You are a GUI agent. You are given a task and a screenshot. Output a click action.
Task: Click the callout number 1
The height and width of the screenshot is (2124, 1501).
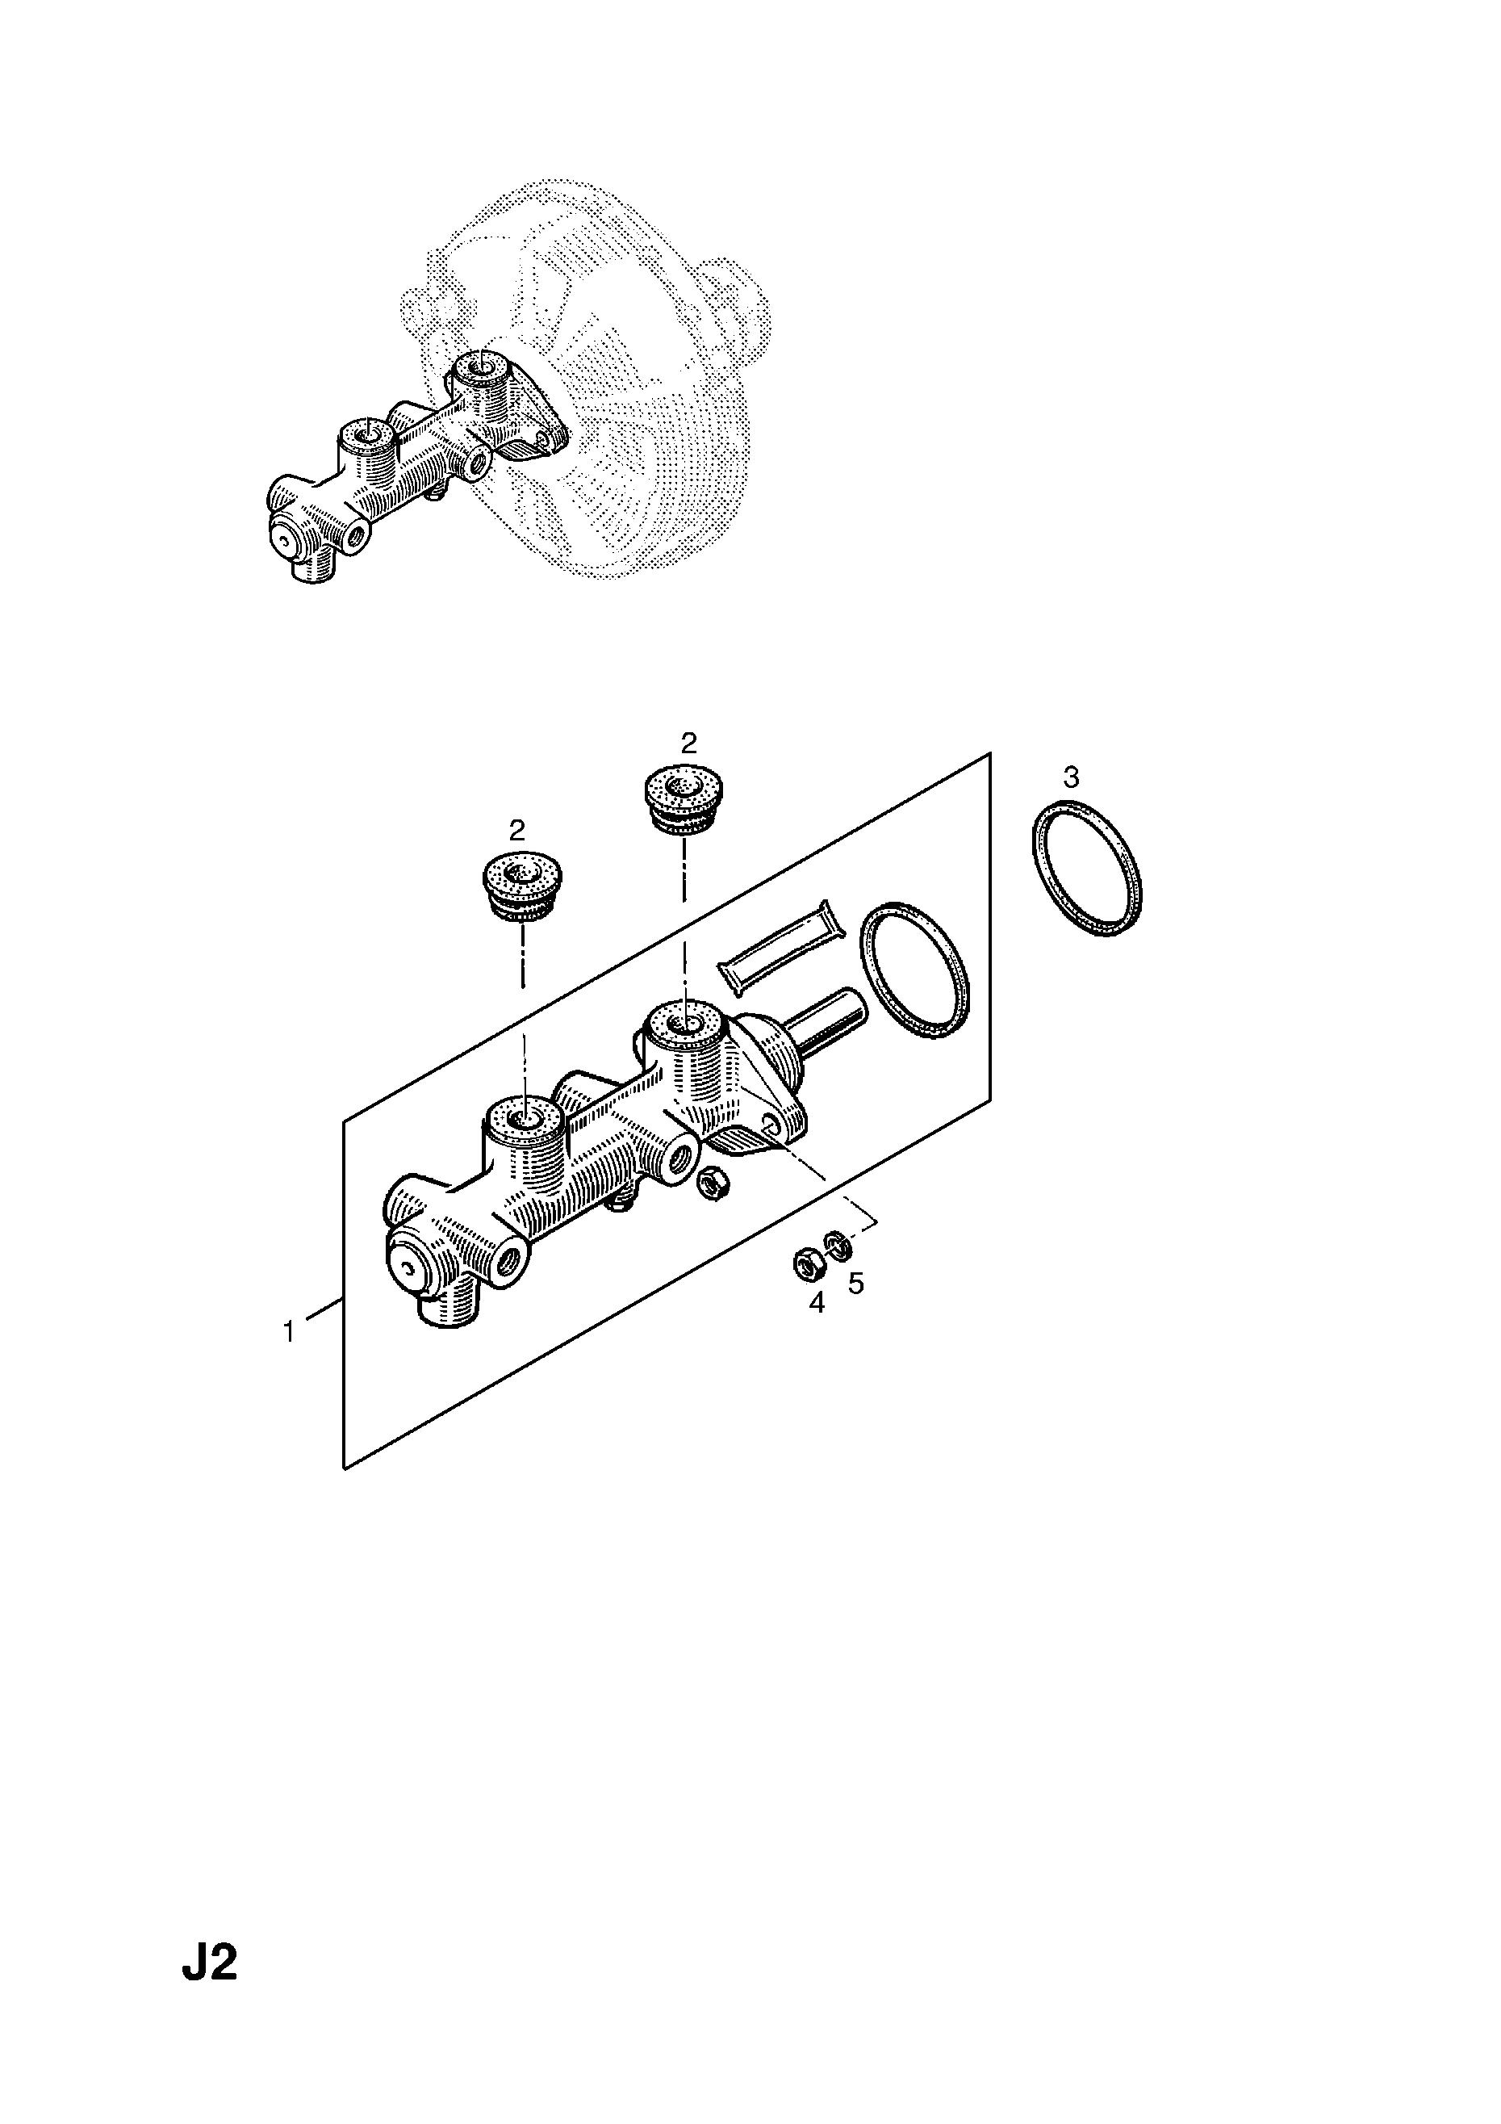pyautogui.click(x=289, y=1333)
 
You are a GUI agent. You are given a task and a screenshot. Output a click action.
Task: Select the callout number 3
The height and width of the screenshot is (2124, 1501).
pyautogui.click(x=1071, y=777)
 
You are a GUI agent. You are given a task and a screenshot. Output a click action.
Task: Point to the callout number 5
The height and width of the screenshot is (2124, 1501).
pyautogui.click(x=856, y=1284)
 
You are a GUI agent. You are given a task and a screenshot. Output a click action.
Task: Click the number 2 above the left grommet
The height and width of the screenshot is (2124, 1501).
pyautogui.click(x=517, y=828)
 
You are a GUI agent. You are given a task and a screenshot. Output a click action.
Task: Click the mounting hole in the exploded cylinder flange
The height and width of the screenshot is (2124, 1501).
pyautogui.click(x=771, y=1124)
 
